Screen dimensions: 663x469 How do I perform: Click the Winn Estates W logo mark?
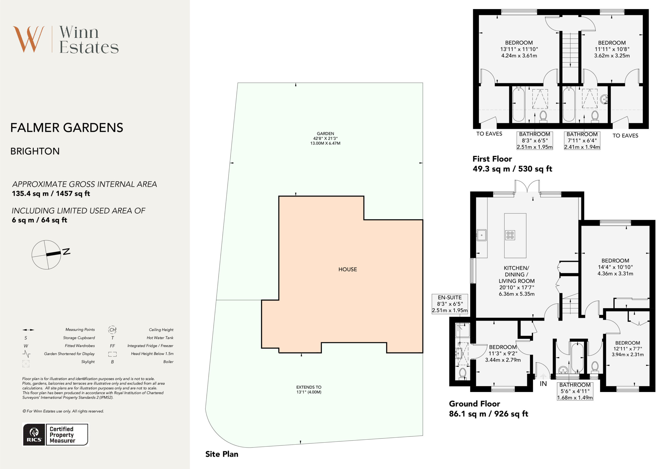tap(28, 39)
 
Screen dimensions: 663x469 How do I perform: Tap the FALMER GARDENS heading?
tap(67, 128)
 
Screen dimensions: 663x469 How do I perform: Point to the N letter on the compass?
tap(66, 251)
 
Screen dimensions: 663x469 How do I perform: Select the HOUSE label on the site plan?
tap(347, 269)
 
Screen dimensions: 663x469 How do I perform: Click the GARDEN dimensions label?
tap(325, 138)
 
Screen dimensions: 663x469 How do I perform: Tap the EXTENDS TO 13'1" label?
tap(309, 389)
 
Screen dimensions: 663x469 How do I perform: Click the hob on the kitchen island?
tap(510, 235)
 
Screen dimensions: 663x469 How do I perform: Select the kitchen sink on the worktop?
tap(481, 235)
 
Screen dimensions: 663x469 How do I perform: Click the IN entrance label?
tap(543, 383)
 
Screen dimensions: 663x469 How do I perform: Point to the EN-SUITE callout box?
tap(450, 304)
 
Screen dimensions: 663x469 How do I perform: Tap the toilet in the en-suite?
tap(463, 373)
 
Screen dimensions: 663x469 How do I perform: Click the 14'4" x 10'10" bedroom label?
tap(615, 267)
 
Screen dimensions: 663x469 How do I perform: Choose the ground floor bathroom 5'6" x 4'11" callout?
tap(575, 391)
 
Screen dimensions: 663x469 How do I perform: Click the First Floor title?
tap(492, 159)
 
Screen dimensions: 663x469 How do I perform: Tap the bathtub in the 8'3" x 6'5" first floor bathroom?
tap(518, 104)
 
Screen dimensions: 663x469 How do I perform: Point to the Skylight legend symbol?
tap(26, 363)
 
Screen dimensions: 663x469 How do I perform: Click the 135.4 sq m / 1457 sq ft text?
tap(51, 193)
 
